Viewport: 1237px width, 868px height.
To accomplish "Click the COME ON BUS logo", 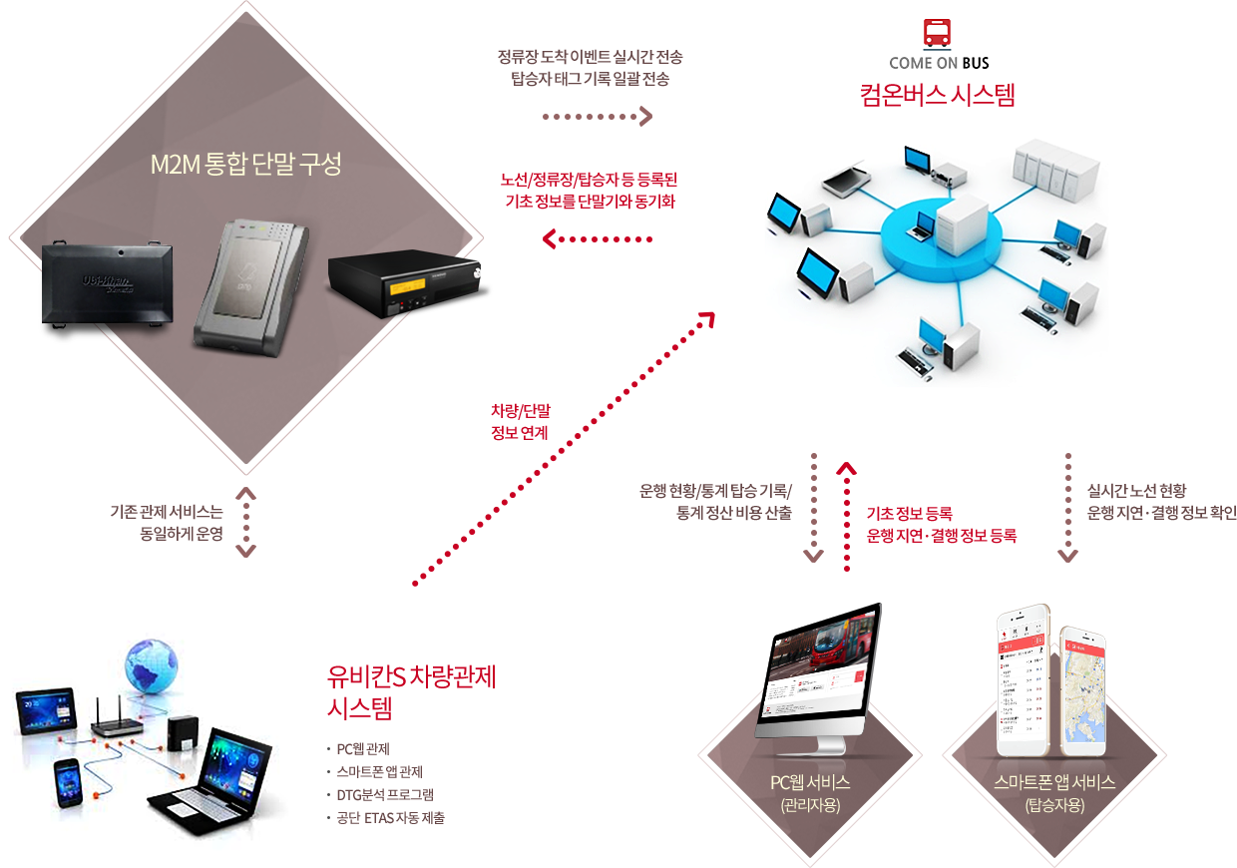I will pyautogui.click(x=939, y=44).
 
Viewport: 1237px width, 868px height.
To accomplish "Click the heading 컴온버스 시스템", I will pyautogui.click(x=938, y=97).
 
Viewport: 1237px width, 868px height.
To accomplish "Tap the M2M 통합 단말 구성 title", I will pyautogui.click(x=245, y=165).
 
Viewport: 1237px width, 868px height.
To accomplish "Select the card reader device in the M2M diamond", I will pyautogui.click(x=254, y=289).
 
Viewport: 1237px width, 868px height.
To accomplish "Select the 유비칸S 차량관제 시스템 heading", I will pyautogui.click(x=411, y=691).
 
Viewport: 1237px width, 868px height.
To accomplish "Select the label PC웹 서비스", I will pyautogui.click(x=810, y=782).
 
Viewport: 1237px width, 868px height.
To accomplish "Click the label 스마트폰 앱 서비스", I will pyautogui.click(x=1054, y=782).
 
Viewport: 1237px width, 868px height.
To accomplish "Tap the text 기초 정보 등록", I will pyautogui.click(x=909, y=514).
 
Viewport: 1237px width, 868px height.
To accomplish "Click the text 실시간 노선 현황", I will pyautogui.click(x=1137, y=491).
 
